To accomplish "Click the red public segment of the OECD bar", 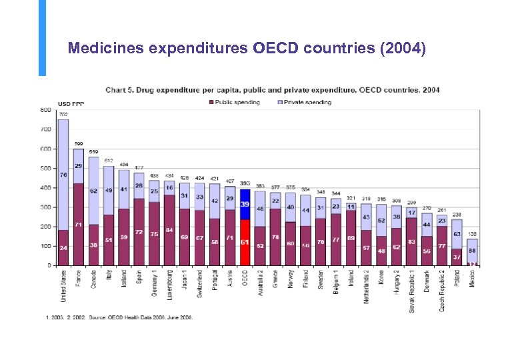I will (245, 242).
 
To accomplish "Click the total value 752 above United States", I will (63, 115).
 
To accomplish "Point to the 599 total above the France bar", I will (79, 144).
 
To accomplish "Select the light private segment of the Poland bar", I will (457, 233).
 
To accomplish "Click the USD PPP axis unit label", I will (71, 104).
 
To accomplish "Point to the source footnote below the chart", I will (119, 317).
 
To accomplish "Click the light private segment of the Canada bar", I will (94, 190).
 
